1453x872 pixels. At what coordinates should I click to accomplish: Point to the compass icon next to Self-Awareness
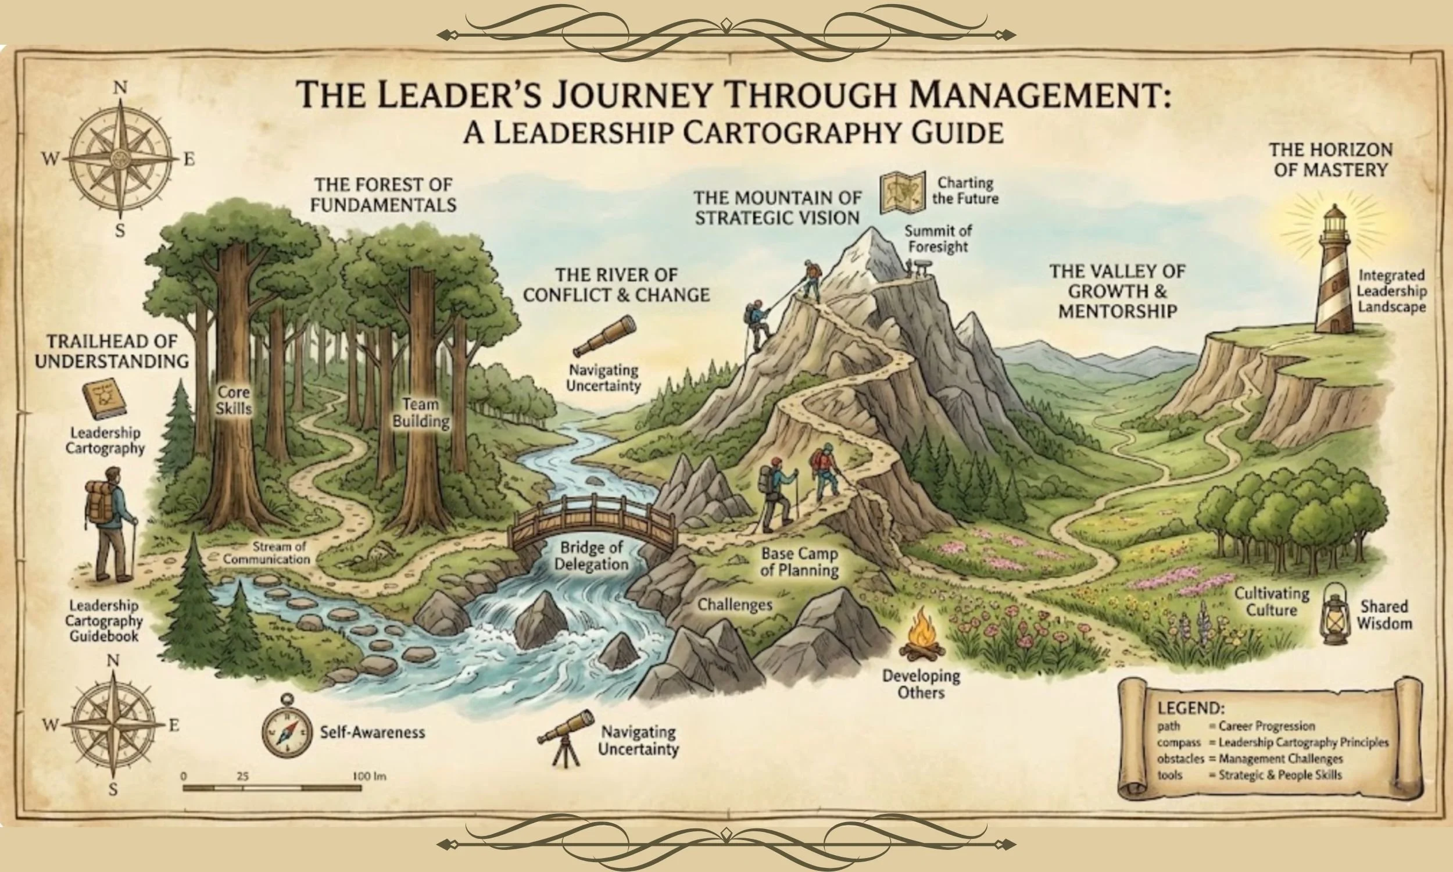287,731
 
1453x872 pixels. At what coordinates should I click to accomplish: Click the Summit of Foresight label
937,238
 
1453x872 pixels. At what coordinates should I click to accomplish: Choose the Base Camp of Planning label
799,562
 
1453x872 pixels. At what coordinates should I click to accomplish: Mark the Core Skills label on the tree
233,400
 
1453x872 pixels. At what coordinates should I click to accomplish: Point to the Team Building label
421,413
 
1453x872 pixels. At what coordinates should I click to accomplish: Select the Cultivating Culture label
1272,602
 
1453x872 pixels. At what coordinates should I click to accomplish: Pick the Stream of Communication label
266,552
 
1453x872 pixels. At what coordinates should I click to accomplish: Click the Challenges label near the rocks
734,605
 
